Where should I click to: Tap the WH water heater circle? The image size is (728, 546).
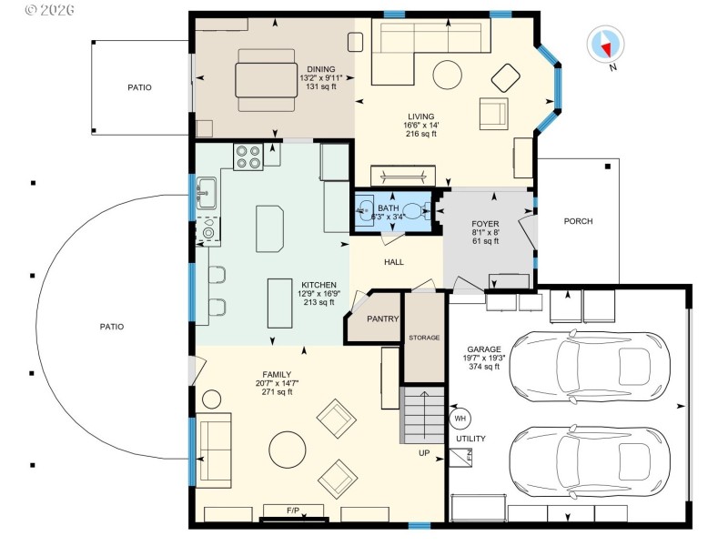click(459, 419)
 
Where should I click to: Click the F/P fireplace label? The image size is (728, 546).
click(293, 511)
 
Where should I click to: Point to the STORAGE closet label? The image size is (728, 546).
click(424, 338)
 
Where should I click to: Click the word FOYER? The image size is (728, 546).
click(484, 223)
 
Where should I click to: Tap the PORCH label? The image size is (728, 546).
click(578, 221)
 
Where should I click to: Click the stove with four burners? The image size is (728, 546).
click(248, 157)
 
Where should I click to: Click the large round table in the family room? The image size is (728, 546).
click(288, 449)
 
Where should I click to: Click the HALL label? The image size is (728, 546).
click(393, 262)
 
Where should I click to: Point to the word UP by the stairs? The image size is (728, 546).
click(424, 452)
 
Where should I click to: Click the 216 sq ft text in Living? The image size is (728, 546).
click(421, 134)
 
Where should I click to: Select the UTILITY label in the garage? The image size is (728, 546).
click(470, 439)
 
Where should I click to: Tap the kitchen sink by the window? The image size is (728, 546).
click(205, 191)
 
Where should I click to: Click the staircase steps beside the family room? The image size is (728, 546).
click(421, 415)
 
